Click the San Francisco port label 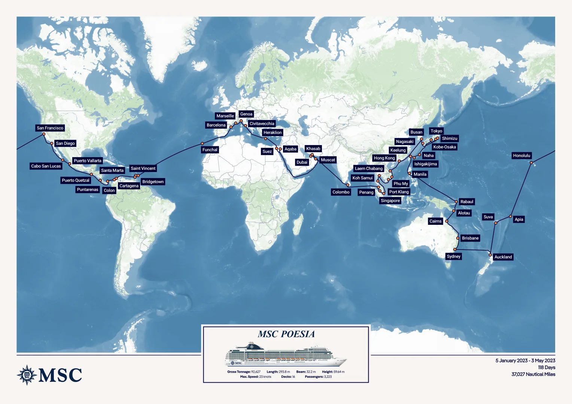click(x=50, y=128)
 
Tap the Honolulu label click(x=521, y=156)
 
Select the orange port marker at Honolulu click(x=531, y=162)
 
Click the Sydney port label click(x=453, y=257)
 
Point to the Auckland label click(x=503, y=257)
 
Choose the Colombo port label click(x=341, y=192)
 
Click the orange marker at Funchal click(x=202, y=144)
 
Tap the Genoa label click(x=246, y=114)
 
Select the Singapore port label click(x=390, y=201)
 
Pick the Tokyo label click(x=436, y=131)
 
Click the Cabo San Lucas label click(x=46, y=166)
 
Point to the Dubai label click(x=302, y=162)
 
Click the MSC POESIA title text click(x=286, y=334)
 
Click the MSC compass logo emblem click(x=27, y=375)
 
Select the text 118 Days click(x=546, y=367)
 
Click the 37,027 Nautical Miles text click(x=533, y=374)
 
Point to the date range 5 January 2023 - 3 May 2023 click(x=525, y=361)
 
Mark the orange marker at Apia click(x=510, y=217)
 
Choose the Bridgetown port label click(x=153, y=182)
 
